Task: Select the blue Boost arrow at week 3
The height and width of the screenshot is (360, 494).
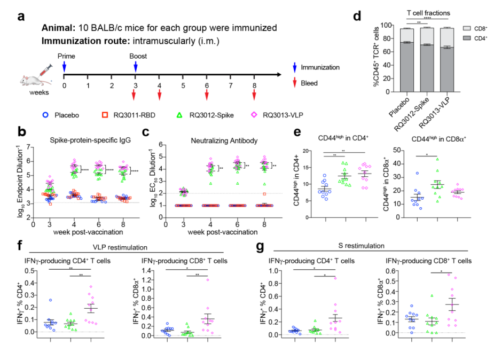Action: coord(136,66)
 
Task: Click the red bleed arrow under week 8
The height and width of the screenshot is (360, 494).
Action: coord(254,95)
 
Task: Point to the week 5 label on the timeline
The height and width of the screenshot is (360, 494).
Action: coord(183,85)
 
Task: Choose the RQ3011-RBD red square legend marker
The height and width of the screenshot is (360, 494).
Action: coord(106,114)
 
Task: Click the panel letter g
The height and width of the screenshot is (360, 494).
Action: coord(262,247)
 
